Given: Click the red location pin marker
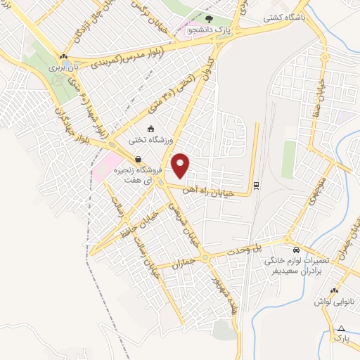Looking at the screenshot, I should (x=181, y=165).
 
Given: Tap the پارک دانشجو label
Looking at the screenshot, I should (x=202, y=30).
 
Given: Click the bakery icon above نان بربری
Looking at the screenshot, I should (x=64, y=58).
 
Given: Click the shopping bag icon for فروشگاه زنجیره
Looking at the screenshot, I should (x=138, y=159).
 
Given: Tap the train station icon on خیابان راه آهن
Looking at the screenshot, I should (x=255, y=186).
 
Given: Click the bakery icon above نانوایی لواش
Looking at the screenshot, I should (x=334, y=290).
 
